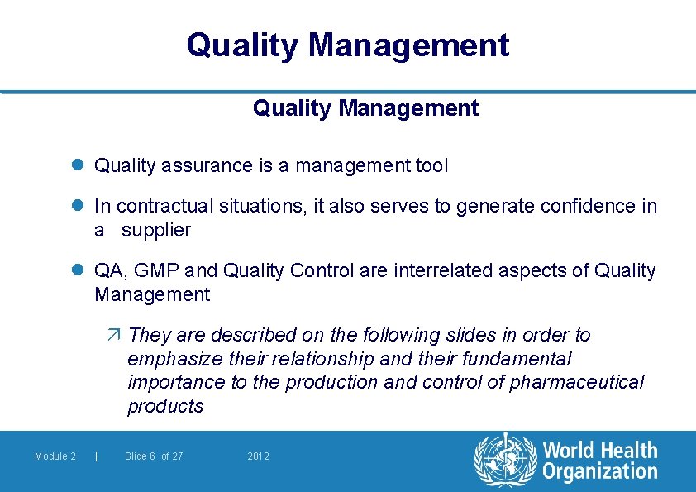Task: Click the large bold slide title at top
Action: (348, 45)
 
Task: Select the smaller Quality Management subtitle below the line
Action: (365, 108)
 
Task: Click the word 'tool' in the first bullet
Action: (430, 166)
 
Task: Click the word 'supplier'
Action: (156, 231)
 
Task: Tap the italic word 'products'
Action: (165, 406)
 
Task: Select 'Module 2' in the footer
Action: (55, 456)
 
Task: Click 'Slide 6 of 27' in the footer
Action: (154, 456)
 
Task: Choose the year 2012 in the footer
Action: (259, 456)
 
